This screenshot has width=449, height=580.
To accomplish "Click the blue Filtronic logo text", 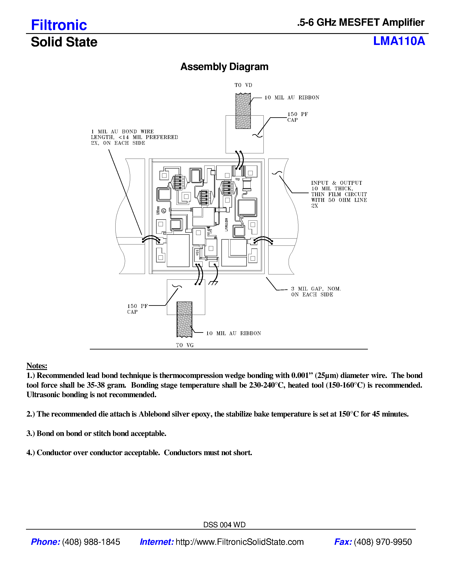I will point(59,25).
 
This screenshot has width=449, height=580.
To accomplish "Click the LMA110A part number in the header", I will point(399,41).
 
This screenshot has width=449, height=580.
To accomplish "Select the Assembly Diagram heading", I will point(224,67).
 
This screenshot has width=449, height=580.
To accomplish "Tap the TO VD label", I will point(243,85).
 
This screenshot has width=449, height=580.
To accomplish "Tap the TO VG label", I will point(185,345).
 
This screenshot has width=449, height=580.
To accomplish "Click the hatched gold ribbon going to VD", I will point(243,111).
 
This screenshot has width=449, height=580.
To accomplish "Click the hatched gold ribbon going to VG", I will point(184,320).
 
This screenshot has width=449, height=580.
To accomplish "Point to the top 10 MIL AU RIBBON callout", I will point(292,98).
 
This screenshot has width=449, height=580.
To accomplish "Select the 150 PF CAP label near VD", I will point(297,117).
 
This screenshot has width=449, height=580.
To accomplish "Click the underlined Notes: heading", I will point(37,366).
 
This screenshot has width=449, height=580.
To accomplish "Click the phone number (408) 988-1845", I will point(91,542).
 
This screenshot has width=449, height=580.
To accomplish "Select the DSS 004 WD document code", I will point(224,525).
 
